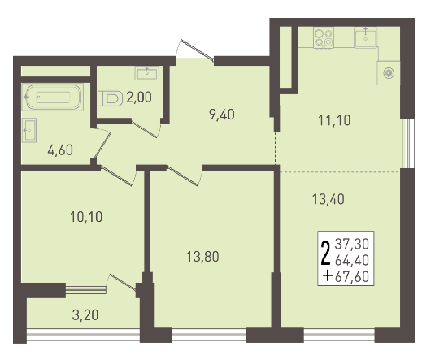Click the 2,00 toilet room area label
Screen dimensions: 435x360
coord(139,98)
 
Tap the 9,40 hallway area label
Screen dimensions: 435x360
coord(222,115)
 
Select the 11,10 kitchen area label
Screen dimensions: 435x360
coord(334,120)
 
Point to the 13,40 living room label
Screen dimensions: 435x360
coord(328,199)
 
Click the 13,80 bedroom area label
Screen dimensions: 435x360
coord(202,257)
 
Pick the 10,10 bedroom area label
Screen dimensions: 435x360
coord(86,217)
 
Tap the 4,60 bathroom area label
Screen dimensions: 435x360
coord(60,150)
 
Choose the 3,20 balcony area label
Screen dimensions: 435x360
coord(85,315)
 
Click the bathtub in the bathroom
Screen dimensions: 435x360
coord(53,97)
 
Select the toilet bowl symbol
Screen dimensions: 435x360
coord(110,98)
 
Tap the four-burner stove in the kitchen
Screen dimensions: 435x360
coord(324,37)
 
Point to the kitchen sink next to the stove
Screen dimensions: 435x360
coord(366,37)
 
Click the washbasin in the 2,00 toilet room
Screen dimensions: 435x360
coord(147,73)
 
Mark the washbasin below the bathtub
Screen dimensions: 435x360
coord(29,130)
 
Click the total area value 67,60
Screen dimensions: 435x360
coord(352,277)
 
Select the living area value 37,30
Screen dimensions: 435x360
coord(352,244)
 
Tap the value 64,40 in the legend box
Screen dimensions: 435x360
coord(352,260)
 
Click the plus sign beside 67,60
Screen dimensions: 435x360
coord(328,276)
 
